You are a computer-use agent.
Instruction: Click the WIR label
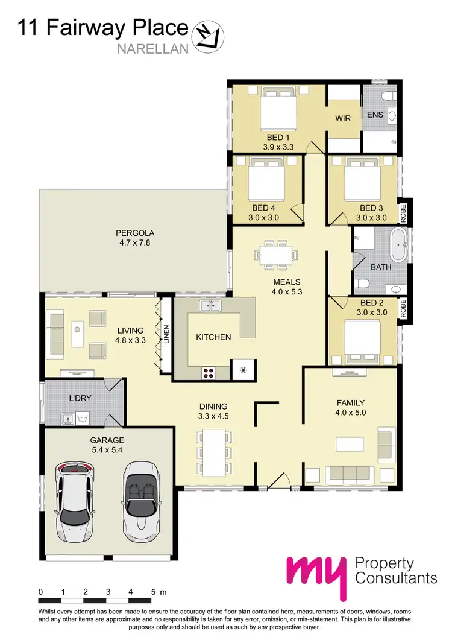click(343, 118)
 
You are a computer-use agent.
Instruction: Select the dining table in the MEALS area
click(275, 255)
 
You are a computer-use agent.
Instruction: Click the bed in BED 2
click(362, 338)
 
